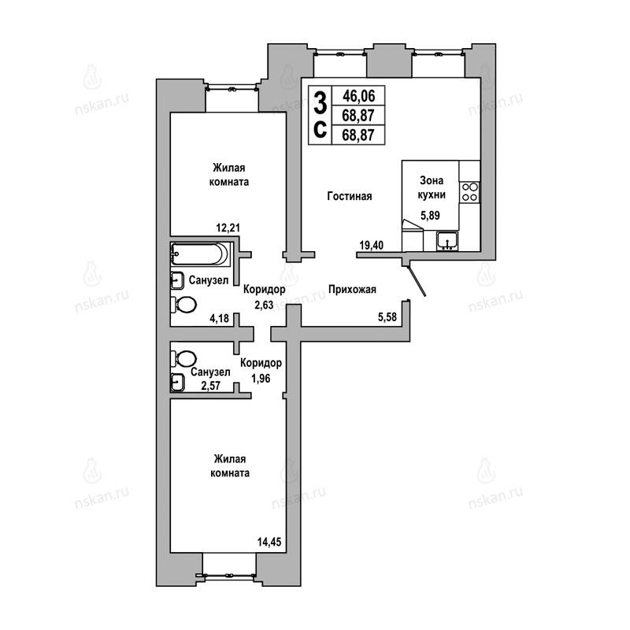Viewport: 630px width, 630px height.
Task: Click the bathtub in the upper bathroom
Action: coord(200,254)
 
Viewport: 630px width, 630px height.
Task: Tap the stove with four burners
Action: coord(469,192)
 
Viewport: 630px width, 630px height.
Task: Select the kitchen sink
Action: coord(447,241)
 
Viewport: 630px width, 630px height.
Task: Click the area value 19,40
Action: coord(371,245)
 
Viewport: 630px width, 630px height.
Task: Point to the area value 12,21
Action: coord(228,228)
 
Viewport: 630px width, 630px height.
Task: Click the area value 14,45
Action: coord(269,542)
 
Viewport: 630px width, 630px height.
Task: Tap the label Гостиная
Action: coord(350,196)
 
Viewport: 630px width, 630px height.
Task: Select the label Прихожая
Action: coord(352,289)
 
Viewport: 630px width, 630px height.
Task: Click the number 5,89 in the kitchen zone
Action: coord(430,215)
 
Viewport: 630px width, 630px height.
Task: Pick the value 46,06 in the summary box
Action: coord(358,96)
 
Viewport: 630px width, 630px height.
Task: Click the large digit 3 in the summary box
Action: coord(320,102)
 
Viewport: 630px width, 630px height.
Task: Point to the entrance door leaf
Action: coord(417,281)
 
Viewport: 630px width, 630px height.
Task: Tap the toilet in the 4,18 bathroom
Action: coord(183,305)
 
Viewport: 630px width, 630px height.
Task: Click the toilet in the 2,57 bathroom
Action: coord(183,358)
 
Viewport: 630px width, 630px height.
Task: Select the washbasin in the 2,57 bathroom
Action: coord(177,382)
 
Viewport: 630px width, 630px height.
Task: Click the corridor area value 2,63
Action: coord(264,306)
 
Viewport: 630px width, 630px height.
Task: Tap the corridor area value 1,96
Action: coord(261,378)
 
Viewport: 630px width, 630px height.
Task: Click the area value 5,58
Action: coord(387,317)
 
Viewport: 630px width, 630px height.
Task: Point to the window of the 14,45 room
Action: coord(229,575)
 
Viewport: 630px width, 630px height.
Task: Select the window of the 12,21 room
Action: coord(232,88)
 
